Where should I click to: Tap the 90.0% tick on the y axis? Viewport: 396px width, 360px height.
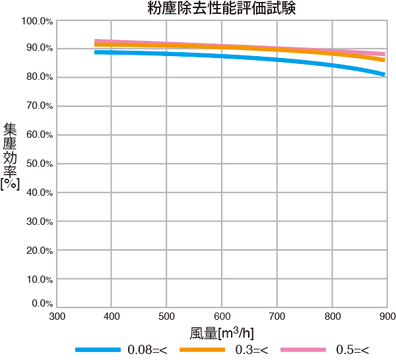[x=38, y=48]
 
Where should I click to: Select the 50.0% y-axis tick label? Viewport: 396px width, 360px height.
[x=38, y=164]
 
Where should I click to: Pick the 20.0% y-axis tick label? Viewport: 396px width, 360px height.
[x=38, y=251]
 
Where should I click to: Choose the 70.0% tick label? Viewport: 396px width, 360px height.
[x=38, y=106]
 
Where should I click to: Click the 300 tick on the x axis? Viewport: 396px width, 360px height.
[x=57, y=316]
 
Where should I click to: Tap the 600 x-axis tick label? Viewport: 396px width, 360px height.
[x=222, y=316]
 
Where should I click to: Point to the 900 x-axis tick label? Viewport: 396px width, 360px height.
[x=387, y=316]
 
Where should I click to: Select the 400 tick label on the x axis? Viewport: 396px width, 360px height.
[x=112, y=316]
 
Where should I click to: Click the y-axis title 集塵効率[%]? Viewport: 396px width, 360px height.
[x=10, y=156]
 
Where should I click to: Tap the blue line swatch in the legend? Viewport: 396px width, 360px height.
[x=98, y=349]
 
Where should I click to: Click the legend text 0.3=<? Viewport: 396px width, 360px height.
[x=252, y=349]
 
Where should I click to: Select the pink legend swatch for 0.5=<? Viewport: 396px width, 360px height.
[x=303, y=349]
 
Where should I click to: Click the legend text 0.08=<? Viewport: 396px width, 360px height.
[x=148, y=349]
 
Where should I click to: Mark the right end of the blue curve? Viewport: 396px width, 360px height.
[x=384, y=75]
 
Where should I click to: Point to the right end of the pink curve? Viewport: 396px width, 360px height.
[x=384, y=54]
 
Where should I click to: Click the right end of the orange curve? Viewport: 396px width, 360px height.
[x=384, y=60]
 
